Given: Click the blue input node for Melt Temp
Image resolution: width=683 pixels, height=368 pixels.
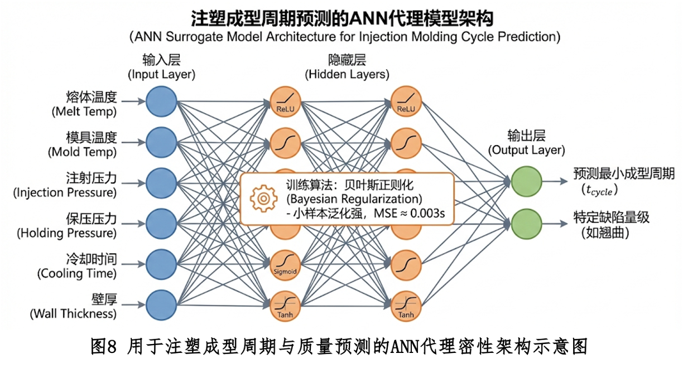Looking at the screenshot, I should tap(161, 101).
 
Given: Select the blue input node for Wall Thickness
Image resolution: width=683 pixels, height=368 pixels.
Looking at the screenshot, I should tap(161, 304).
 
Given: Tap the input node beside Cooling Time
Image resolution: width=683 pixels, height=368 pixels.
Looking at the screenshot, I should tap(161, 264).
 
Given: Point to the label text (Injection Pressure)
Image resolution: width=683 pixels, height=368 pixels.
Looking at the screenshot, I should tap(65, 193).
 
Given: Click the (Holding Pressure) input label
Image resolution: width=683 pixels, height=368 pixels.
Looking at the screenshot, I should tap(67, 233).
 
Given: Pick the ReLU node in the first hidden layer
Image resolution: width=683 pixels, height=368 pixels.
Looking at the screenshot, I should tap(285, 101).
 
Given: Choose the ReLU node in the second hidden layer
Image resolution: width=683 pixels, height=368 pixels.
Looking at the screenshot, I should tap(406, 101).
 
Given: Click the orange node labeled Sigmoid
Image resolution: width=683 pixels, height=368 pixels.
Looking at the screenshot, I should tap(285, 264).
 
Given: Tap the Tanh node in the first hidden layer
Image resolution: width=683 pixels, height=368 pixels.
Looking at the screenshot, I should tap(285, 304).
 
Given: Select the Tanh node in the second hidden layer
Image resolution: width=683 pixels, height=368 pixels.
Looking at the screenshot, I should tap(406, 304).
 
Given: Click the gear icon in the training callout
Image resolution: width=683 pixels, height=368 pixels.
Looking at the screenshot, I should tap(262, 198).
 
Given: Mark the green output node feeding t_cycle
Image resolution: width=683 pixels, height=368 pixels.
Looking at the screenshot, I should tap(526, 181).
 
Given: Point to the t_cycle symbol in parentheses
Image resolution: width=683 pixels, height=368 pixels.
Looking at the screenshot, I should tap(598, 190).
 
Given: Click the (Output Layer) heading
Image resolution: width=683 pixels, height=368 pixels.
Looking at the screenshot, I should tap(526, 151).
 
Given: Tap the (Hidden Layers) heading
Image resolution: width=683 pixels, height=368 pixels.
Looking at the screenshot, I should tap(347, 74).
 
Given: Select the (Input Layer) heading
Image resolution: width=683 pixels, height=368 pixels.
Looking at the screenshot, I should tap(161, 74).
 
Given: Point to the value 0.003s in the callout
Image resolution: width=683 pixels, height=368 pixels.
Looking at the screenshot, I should tap(428, 214).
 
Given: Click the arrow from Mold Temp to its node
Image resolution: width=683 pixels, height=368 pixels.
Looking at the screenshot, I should tap(132, 142).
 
